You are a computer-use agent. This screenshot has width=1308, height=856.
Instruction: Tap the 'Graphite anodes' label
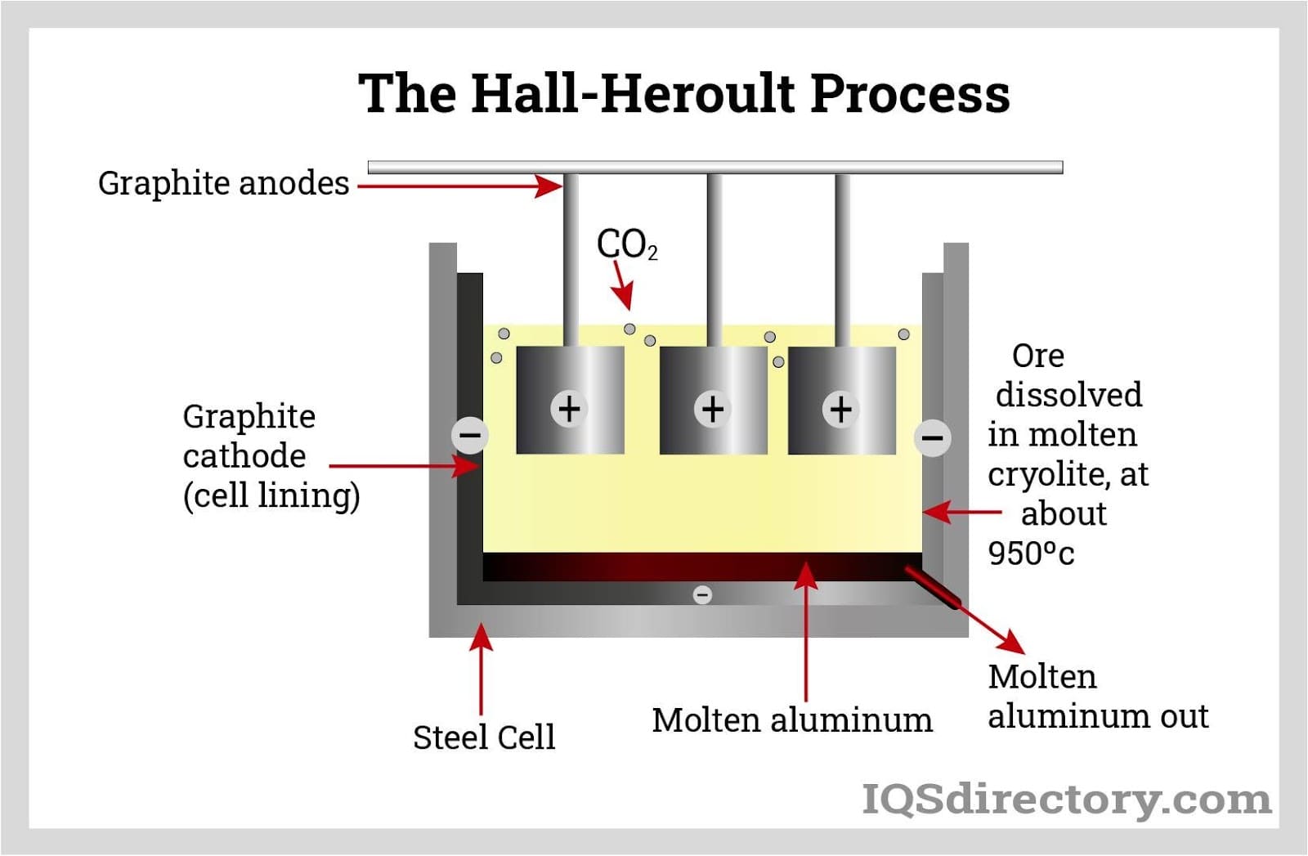pos(223,183)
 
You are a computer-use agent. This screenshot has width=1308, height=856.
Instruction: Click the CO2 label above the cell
pos(626,244)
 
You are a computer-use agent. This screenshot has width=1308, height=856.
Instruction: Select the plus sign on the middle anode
pos(713,409)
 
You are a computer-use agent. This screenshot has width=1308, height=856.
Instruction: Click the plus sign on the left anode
pos(569,408)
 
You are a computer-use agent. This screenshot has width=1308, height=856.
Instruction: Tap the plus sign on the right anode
pos(840,409)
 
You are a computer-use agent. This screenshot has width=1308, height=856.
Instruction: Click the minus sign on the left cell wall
pos(470,434)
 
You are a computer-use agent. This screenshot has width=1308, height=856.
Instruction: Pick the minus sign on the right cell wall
pos(932,437)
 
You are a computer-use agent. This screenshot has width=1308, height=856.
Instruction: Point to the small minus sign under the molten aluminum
pos(702,594)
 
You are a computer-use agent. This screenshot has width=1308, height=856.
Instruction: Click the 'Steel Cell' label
pos(484,737)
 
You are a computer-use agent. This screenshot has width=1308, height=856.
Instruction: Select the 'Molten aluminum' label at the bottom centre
pos(791,720)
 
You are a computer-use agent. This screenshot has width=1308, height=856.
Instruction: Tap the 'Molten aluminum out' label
pos(1097,697)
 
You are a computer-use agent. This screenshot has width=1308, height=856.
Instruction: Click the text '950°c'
pos(1031,553)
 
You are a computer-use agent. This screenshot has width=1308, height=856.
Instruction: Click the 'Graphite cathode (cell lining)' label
pos(271,455)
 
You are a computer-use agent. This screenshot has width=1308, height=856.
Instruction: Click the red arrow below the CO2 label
pos(623,286)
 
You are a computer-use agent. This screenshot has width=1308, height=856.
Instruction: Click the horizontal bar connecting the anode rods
pos(715,167)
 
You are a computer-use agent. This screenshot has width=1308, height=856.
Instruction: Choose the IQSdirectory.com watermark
pos(1067,798)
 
